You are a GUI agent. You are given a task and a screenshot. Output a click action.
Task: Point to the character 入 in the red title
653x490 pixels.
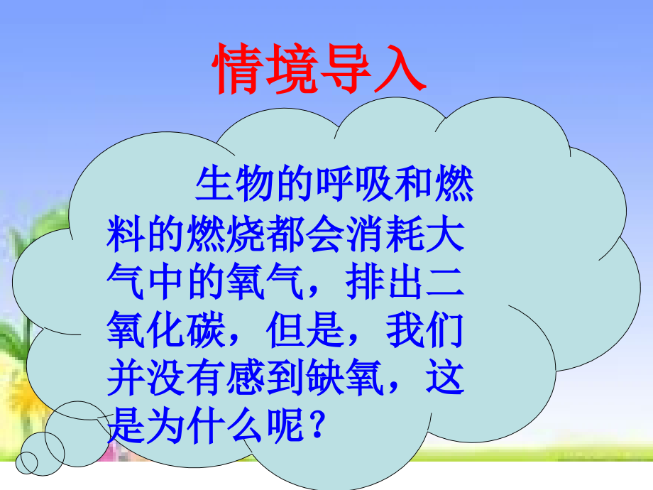399,70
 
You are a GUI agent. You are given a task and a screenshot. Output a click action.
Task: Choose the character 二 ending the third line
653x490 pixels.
445,282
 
